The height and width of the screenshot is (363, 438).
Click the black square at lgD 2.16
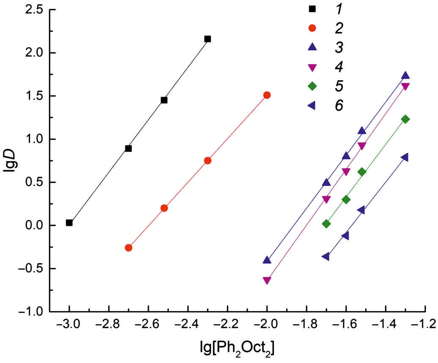[208, 39]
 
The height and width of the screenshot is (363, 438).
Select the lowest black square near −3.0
[69, 223]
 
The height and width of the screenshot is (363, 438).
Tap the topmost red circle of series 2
[267, 95]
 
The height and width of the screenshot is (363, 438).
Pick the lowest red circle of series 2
[129, 248]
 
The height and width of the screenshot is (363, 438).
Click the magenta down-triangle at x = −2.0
[267, 280]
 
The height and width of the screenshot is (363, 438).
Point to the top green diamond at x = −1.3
[405, 119]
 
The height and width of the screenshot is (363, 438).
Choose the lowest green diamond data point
[326, 224]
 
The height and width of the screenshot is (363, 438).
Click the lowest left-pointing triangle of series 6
[326, 257]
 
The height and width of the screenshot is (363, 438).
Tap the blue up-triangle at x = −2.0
[267, 260]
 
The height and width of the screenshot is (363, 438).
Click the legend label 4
[338, 67]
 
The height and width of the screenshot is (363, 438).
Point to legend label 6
[338, 106]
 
